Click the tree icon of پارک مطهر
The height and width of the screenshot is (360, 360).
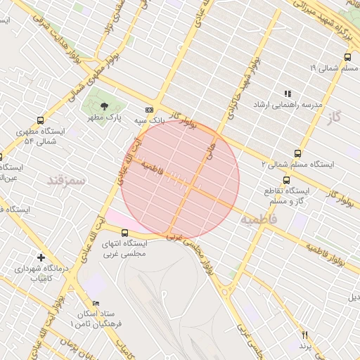pos(105,106)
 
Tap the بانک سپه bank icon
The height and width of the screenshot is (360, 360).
pos(148,110)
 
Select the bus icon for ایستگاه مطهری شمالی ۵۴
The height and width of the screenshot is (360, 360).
pos(39,120)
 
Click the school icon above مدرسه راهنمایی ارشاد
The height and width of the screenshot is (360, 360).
pos(287,93)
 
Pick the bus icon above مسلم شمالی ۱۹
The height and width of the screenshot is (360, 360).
pos(347,58)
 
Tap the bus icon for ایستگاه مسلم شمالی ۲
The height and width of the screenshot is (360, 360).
pos(297,153)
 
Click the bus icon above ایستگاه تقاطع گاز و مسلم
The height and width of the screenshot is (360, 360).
pos(285,179)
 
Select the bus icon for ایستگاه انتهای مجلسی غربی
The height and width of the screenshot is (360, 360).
pos(124,233)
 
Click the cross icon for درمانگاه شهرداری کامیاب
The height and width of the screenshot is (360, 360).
pos(41,258)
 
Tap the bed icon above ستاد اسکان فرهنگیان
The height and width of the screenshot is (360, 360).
pos(96,302)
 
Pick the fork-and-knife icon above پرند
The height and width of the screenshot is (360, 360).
pos(304,335)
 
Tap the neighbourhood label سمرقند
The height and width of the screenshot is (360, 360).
pos(65,181)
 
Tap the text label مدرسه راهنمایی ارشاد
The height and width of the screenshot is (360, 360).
pos(291,105)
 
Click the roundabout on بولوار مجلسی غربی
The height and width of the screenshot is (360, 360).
pos(227,289)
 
